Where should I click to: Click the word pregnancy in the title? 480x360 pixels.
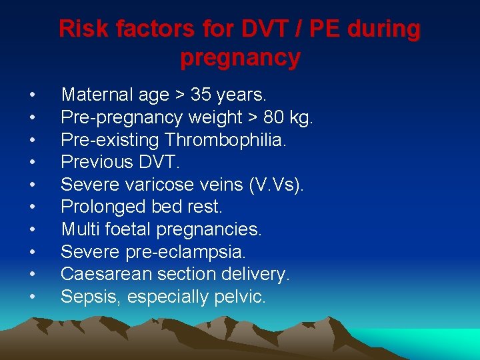point(240,58)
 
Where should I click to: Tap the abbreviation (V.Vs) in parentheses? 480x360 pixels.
point(275,185)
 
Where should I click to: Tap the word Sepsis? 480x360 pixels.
point(84,297)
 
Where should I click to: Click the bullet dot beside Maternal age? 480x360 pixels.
point(33,95)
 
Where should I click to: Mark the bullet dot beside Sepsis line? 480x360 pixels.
point(33,297)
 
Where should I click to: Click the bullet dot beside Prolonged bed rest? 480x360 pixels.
point(33,207)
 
